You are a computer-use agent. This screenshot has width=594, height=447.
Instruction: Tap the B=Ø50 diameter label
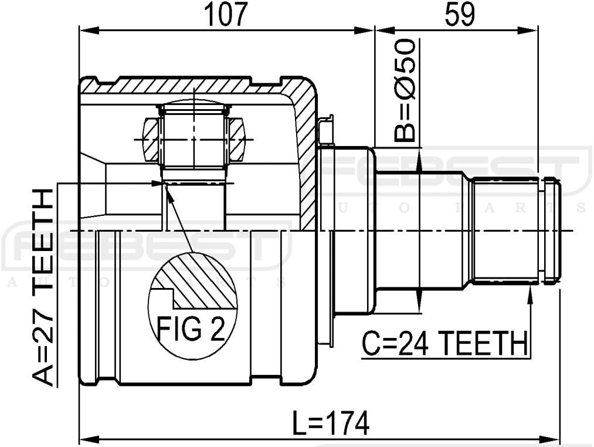(x=404, y=91)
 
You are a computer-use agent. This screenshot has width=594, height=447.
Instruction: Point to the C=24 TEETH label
(x=443, y=343)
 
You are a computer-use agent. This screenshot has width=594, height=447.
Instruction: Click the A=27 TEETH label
(x=42, y=288)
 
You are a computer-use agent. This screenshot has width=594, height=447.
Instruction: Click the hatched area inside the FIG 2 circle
(x=205, y=282)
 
